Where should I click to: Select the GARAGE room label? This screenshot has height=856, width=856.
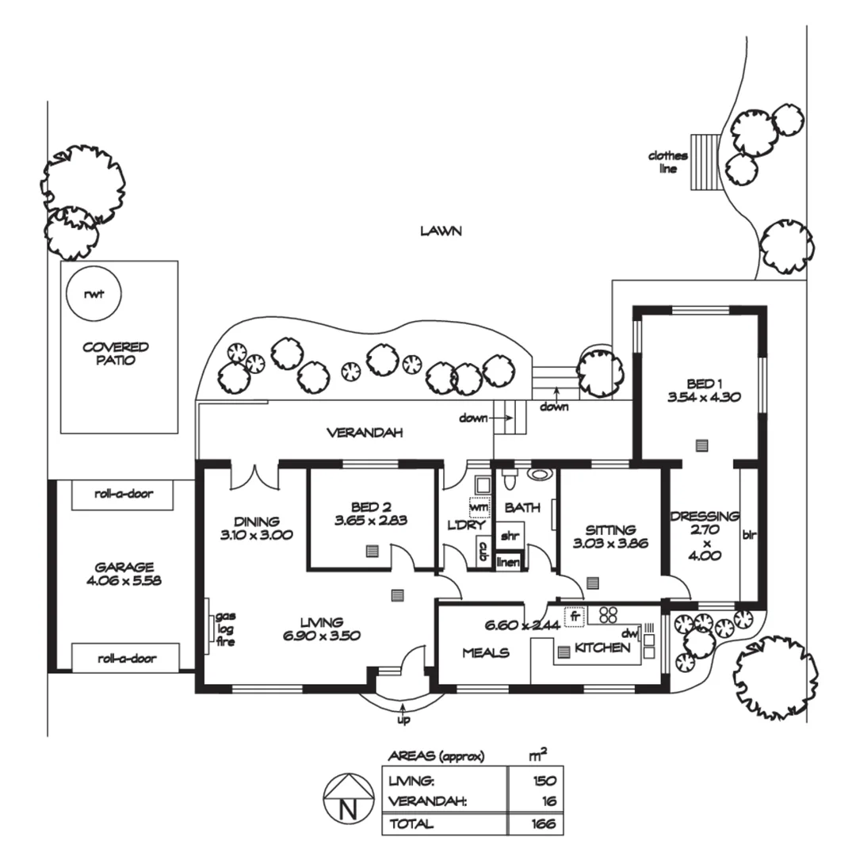[x=124, y=567]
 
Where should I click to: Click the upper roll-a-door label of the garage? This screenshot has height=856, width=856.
[x=125, y=494]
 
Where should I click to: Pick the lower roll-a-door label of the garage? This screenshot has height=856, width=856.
[x=125, y=658]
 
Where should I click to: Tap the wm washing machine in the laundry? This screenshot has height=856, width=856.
[x=479, y=506]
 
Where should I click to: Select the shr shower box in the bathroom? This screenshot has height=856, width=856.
[x=507, y=535]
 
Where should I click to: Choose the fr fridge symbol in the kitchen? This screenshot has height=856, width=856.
[x=574, y=615]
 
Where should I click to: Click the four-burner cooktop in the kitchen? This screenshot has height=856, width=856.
[x=608, y=614]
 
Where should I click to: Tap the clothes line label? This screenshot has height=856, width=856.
[x=667, y=162]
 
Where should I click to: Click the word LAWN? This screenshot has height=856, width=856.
[x=441, y=231]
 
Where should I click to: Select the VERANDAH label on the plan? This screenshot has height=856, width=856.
[x=365, y=433]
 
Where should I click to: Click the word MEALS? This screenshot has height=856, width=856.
[x=486, y=653]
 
